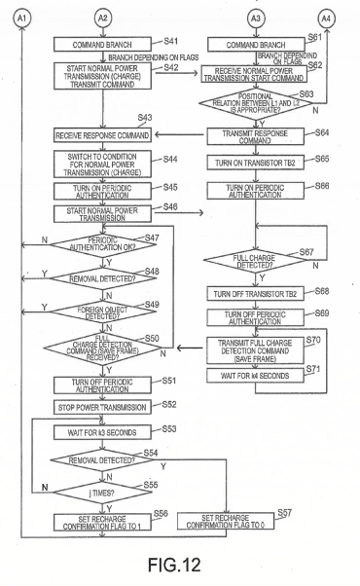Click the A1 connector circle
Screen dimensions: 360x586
(21, 18)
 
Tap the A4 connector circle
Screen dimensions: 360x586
(326, 18)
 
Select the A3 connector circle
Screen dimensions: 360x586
(256, 18)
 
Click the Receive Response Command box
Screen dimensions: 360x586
(102, 135)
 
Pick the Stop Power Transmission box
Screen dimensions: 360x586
(102, 407)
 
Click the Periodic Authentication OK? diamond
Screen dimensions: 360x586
(103, 244)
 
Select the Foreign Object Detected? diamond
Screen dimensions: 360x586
(103, 311)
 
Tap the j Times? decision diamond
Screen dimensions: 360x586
(102, 493)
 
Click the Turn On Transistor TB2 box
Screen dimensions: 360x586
(256, 163)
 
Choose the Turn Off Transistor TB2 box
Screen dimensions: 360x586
(256, 294)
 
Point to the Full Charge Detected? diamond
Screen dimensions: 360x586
(255, 261)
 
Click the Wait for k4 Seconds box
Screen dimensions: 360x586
(256, 376)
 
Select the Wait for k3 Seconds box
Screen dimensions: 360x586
(102, 432)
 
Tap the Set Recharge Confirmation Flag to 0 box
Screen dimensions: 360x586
(226, 522)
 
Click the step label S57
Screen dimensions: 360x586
(284, 513)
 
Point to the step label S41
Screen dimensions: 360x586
(170, 41)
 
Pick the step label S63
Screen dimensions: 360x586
(306, 93)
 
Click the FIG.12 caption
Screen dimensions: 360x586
(174, 565)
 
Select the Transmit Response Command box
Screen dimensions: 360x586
(256, 137)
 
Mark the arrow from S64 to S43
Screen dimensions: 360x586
(181, 135)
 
